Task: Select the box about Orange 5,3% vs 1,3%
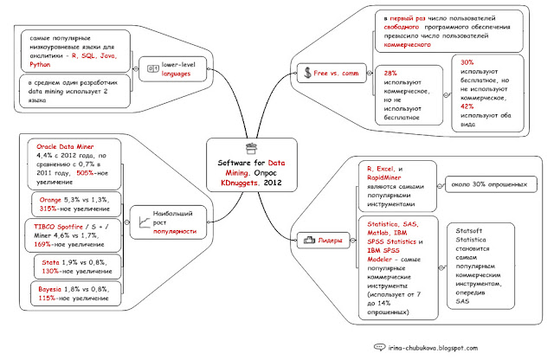[71, 203]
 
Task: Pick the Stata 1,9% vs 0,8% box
[71, 266]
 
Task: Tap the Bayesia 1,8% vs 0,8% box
[72, 293]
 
